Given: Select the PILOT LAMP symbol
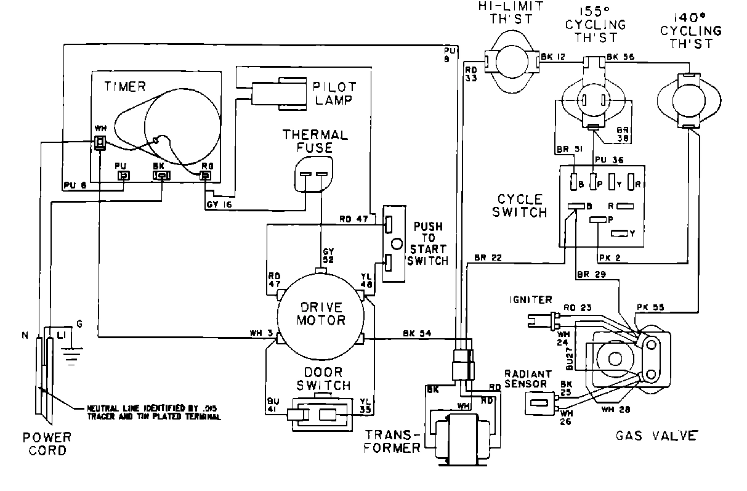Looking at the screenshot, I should pyautogui.click(x=280, y=93).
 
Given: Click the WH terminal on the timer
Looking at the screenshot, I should pyautogui.click(x=99, y=143).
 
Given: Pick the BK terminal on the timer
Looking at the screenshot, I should pyautogui.click(x=161, y=176).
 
